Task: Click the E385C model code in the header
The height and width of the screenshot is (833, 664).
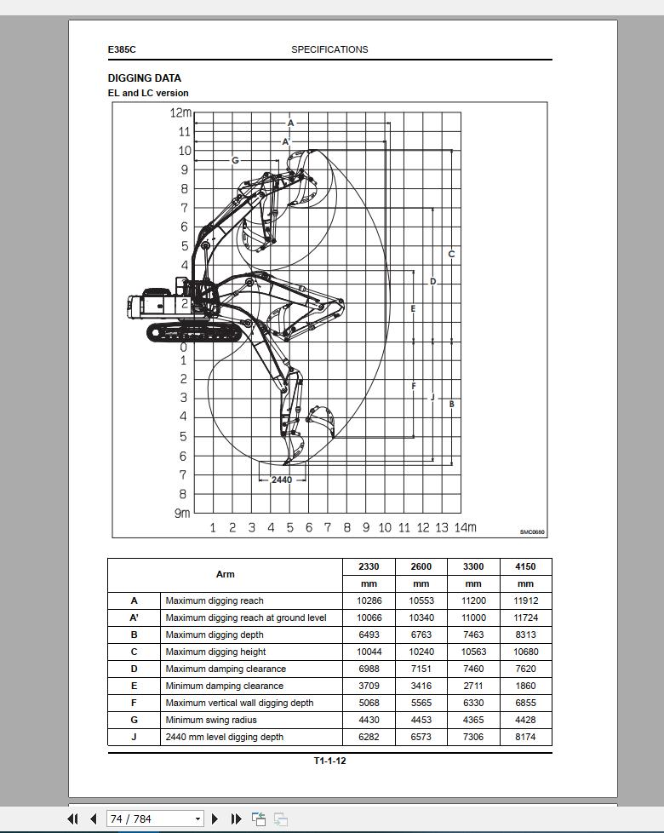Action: [x=122, y=49]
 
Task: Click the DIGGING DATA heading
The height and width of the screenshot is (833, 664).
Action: [x=144, y=78]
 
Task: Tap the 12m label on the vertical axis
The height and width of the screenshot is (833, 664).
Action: [x=180, y=112]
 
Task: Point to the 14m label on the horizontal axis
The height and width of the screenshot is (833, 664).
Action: [x=465, y=527]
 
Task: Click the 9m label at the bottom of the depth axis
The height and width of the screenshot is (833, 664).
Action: [x=181, y=513]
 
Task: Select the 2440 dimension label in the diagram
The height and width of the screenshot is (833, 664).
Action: [x=282, y=480]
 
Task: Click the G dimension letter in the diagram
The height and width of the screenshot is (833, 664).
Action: [x=235, y=160]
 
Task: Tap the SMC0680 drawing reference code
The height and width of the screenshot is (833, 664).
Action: [x=532, y=532]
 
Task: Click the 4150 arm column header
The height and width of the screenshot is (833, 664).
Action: [x=525, y=566]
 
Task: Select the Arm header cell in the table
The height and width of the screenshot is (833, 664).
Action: [x=225, y=574]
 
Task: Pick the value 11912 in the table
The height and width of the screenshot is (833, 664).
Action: [x=525, y=600]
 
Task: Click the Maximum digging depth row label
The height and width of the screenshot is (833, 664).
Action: [x=215, y=635]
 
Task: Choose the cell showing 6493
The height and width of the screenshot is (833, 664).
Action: [x=369, y=635]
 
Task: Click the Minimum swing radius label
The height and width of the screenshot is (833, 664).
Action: [x=211, y=720]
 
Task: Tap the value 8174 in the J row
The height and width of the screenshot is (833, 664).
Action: [x=525, y=737]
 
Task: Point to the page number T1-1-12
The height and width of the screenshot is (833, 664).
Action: [x=329, y=761]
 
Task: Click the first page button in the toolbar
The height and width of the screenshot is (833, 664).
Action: [x=73, y=819]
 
